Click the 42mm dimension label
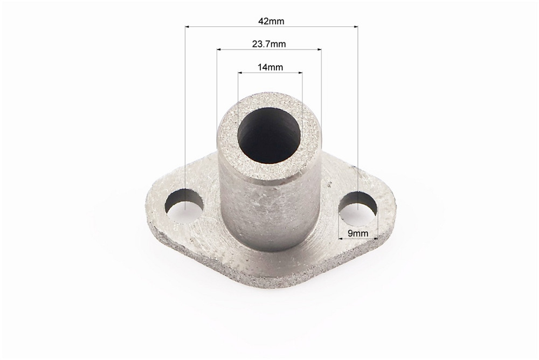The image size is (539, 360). pos(271,21)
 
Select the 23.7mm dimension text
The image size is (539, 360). pos(269,44)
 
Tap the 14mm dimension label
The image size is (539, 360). pos(270,67)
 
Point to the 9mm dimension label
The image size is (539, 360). pos(358,233)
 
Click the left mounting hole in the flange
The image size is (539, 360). pos(184,206)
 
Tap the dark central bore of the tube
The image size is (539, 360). pos(270,136)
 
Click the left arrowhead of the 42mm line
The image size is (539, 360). pos(188,26)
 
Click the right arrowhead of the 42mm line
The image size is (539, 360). pos(355,26)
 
